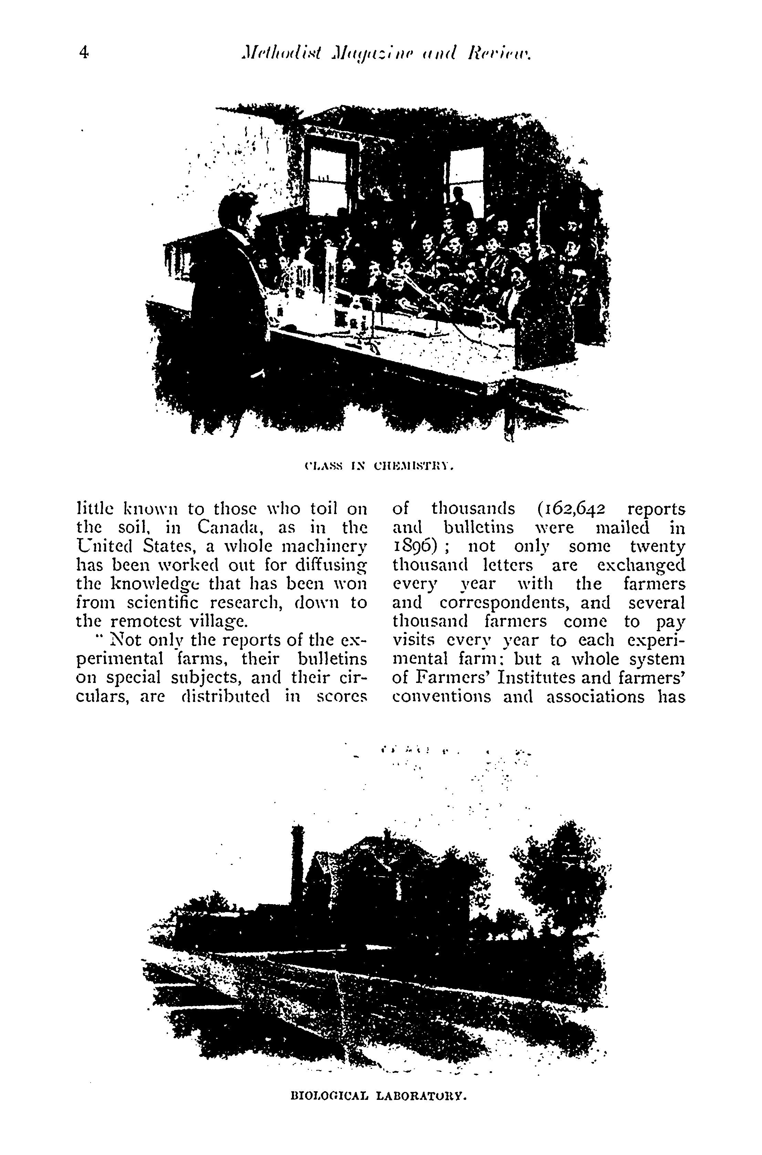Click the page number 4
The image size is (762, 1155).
84,52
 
